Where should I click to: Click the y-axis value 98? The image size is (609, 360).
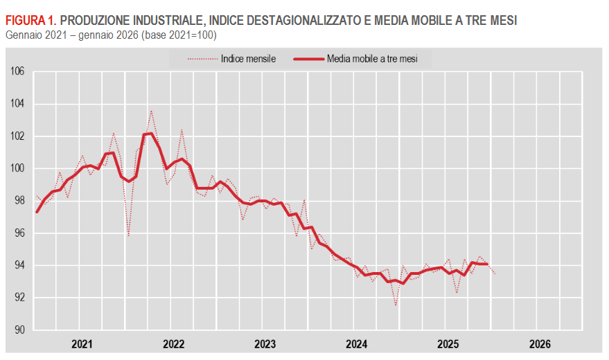pyautogui.click(x=19, y=201)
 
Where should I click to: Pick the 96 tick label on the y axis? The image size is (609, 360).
pyautogui.click(x=19, y=233)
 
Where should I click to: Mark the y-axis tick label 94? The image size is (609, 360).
pyautogui.click(x=19, y=266)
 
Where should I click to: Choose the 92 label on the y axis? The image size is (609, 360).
pyautogui.click(x=19, y=298)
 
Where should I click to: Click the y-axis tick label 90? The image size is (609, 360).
pyautogui.click(x=19, y=330)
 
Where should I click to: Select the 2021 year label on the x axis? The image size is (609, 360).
pyautogui.click(x=82, y=344)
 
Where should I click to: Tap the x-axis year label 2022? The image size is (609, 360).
pyautogui.click(x=174, y=344)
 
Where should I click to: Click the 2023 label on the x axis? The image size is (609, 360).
pyautogui.click(x=265, y=344)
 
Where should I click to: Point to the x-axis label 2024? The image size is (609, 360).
pyautogui.click(x=357, y=344)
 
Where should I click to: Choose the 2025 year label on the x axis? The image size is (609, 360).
pyautogui.click(x=448, y=344)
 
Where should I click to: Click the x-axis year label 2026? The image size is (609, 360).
pyautogui.click(x=540, y=344)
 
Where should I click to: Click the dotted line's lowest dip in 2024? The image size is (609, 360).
pyautogui.click(x=396, y=305)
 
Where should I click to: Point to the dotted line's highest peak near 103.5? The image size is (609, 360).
pyautogui.click(x=151, y=111)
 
